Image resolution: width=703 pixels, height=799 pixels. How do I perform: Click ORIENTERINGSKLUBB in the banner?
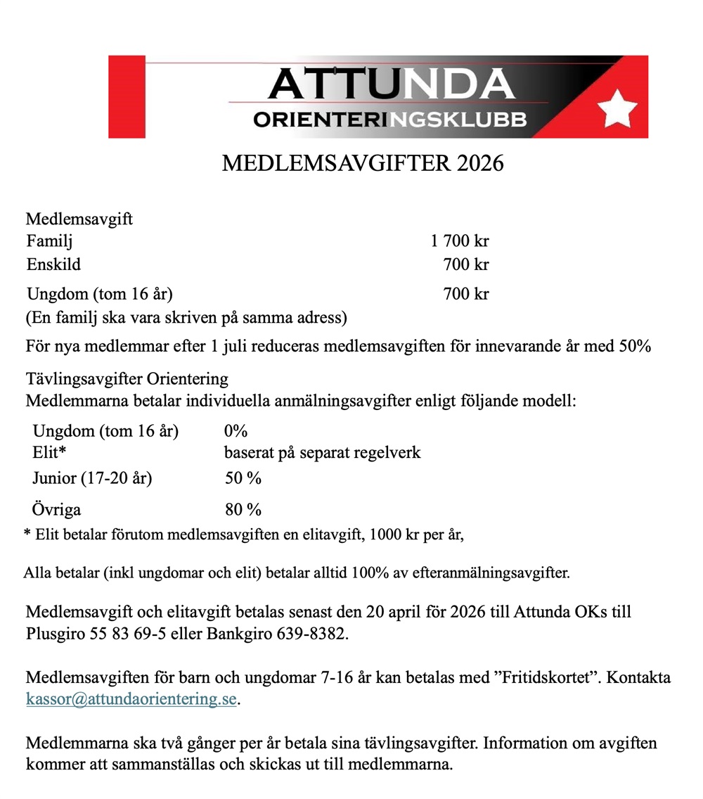(390, 120)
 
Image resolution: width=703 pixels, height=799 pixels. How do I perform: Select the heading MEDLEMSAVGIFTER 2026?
(363, 163)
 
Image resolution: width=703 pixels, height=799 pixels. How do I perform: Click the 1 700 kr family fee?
(460, 241)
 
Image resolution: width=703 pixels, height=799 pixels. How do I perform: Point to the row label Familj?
(49, 241)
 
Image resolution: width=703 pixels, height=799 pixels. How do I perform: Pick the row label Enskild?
(53, 264)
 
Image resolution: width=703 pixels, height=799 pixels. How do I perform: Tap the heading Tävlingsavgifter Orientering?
(127, 379)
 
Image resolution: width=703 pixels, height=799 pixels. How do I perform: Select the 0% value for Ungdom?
(236, 430)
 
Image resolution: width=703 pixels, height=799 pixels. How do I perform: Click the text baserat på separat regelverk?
(322, 452)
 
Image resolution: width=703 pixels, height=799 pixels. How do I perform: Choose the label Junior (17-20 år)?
(92, 479)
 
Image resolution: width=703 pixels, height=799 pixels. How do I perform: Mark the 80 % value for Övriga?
(243, 509)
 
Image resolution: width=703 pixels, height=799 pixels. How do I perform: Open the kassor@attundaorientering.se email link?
(131, 700)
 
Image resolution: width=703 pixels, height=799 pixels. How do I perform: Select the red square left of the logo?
(127, 96)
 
